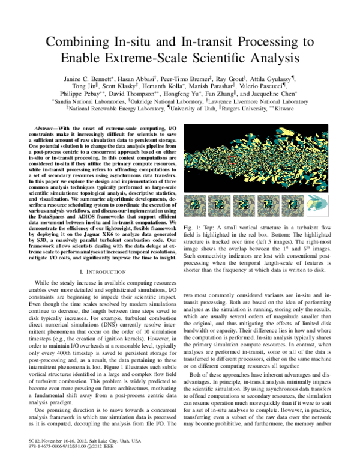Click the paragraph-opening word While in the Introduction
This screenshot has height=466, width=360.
pos(44,282)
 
